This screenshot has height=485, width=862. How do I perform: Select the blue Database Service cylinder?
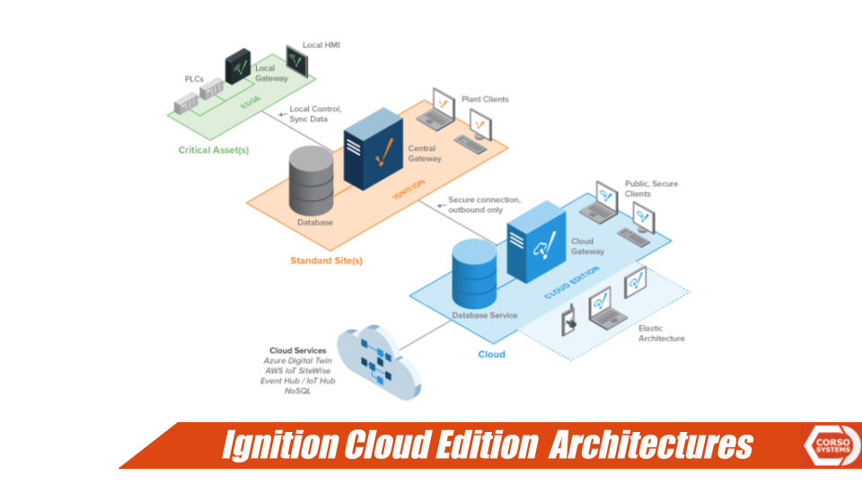click(x=477, y=271)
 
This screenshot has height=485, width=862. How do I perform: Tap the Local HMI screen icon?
click(x=295, y=60)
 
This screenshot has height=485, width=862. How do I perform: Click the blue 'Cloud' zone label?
click(x=491, y=354)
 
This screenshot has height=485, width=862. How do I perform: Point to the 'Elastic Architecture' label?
click(x=661, y=333)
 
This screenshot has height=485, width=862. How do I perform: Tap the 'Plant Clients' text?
click(x=485, y=99)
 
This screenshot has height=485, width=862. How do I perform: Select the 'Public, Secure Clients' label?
click(x=651, y=189)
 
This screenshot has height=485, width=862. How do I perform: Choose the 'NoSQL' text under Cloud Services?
click(x=297, y=391)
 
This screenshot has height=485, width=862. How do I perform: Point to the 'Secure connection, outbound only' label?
click(x=483, y=205)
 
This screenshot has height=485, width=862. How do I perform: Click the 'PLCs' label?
click(x=194, y=79)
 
